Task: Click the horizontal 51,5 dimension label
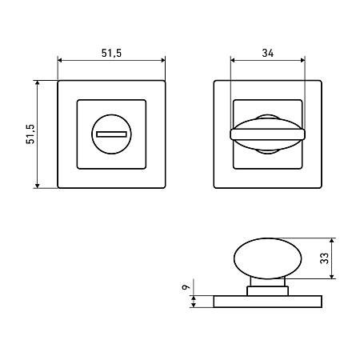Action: tap(111, 53)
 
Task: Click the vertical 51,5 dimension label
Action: tap(30, 134)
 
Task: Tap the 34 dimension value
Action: tap(268, 53)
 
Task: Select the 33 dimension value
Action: tap(325, 258)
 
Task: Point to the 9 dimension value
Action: tap(186, 287)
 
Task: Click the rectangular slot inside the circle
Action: tap(111, 134)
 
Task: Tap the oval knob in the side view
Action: tap(268, 258)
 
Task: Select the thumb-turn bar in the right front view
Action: tap(268, 134)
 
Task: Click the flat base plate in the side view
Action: tap(268, 302)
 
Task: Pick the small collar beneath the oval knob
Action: tap(268, 291)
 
